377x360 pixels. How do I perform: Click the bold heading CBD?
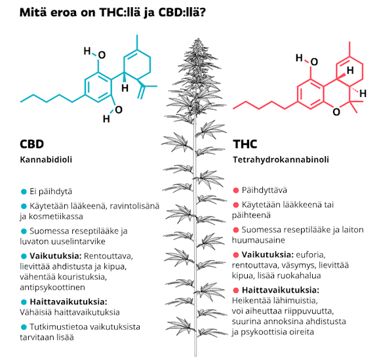tap(31, 144)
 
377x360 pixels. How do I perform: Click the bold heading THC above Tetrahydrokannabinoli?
tap(245, 144)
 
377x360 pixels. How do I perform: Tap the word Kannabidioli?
tap(46, 159)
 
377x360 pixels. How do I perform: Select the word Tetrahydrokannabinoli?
tap(281, 159)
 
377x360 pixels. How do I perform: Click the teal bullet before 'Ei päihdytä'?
tap(24, 191)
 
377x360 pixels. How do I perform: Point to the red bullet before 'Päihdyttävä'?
tap(236, 190)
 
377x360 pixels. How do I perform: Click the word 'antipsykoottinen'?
tap(52, 287)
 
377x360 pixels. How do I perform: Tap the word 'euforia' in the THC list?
tap(310, 254)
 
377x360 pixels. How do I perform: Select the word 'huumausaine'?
tap(258, 240)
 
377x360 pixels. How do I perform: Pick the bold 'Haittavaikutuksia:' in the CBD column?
tap(69, 302)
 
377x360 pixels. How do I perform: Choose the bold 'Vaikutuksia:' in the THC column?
tap(268, 254)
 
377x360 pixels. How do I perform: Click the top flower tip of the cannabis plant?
tap(198, 39)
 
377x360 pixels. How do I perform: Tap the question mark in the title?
tap(203, 12)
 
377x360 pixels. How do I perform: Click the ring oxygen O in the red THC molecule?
tap(336, 112)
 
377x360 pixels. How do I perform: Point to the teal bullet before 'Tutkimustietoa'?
tap(24, 327)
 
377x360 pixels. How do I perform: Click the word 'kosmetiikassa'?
tap(56, 216)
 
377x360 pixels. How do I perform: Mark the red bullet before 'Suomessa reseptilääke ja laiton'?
tap(236, 230)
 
